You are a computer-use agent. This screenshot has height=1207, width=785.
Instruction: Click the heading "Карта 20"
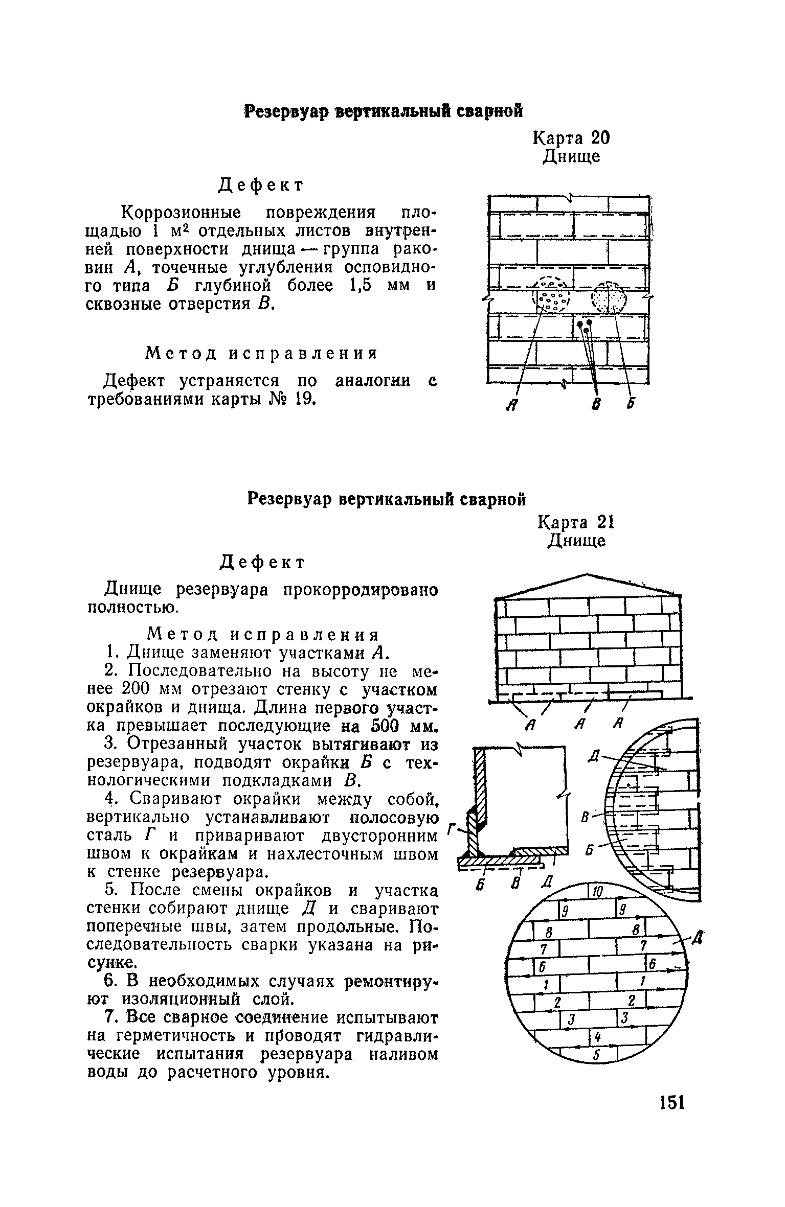tap(571, 138)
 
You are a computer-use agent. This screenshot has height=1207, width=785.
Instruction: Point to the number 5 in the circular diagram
tap(596, 1055)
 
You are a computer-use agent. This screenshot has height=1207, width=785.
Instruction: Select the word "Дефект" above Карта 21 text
tap(262, 562)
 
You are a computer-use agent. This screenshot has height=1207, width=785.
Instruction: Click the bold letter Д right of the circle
tap(698, 937)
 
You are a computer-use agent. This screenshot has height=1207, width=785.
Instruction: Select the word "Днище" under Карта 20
tap(571, 156)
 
